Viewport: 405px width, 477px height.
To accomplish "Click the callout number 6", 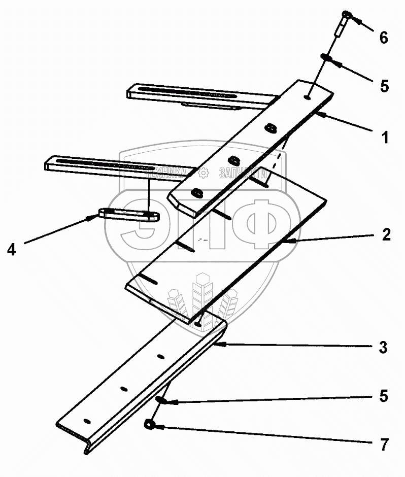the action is click(x=383, y=38).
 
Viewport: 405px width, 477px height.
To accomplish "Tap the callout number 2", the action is click(x=386, y=234).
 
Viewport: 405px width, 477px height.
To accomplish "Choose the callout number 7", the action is click(x=384, y=445).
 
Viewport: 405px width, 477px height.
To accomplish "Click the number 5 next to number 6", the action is click(x=384, y=85).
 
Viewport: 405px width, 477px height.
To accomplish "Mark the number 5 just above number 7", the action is click(x=384, y=396).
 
